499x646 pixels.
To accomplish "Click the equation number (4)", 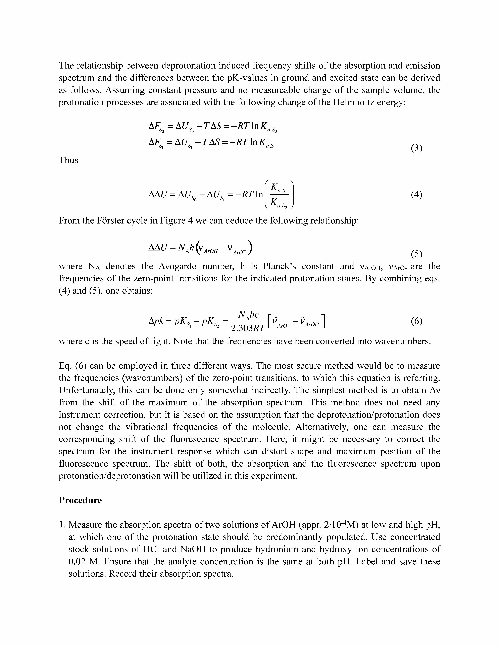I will point(416,195).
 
